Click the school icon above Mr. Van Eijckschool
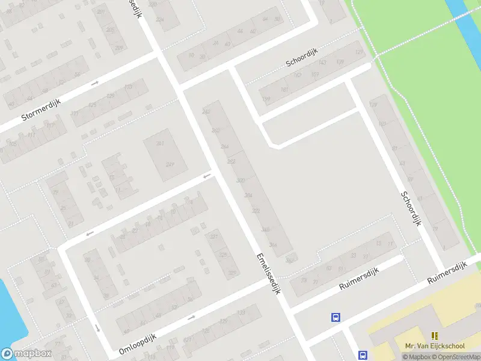(434, 336)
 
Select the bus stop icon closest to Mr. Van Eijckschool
(363, 355)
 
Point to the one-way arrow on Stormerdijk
(94, 82)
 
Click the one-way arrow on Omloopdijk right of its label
(192, 317)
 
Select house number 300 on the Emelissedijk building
(241, 180)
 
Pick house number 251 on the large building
(160, 143)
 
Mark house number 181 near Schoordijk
(284, 90)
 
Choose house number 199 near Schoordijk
(266, 99)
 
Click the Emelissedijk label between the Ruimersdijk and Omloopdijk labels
(268, 273)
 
